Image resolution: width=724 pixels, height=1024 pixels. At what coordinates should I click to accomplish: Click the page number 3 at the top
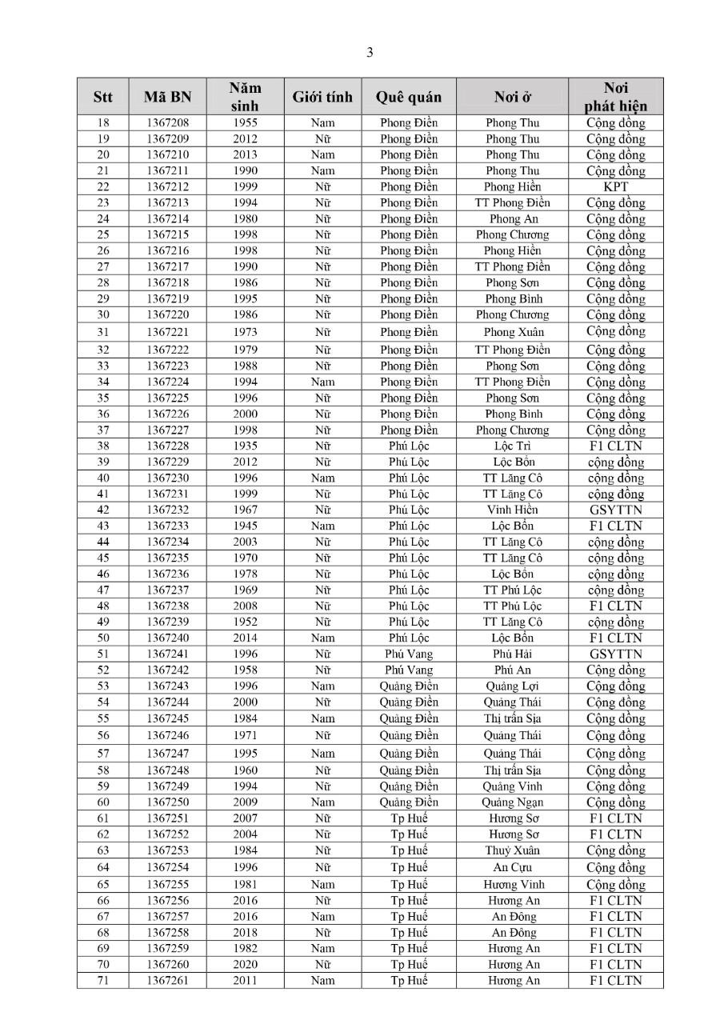(x=370, y=54)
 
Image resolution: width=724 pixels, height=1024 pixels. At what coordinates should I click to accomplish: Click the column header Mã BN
(x=168, y=98)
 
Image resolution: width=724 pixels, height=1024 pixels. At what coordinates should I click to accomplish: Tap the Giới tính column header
(x=322, y=98)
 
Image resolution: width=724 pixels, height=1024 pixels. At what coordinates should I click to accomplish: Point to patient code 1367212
(x=168, y=186)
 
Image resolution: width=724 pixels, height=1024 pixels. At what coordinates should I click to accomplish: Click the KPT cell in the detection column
(x=615, y=186)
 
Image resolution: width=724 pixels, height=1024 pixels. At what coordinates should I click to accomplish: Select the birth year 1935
(x=246, y=446)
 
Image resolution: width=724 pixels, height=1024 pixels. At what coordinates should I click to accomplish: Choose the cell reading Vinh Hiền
(x=512, y=510)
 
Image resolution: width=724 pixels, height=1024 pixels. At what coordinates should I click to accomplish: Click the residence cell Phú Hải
(x=512, y=654)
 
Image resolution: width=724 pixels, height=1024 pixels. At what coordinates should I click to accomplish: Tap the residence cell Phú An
(x=512, y=670)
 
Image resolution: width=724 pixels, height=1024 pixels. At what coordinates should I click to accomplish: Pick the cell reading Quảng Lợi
(x=512, y=686)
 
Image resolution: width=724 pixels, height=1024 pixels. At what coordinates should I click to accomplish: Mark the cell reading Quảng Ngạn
(x=512, y=802)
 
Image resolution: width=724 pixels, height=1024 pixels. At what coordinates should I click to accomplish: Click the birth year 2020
(x=246, y=965)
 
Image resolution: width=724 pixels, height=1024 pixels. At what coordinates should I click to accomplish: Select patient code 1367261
(x=168, y=981)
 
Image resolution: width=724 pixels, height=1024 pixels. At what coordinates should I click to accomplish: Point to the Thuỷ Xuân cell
(x=512, y=850)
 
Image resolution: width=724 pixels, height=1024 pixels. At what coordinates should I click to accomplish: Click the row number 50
(x=103, y=638)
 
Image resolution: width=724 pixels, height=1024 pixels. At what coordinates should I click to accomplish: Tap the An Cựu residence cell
(x=512, y=867)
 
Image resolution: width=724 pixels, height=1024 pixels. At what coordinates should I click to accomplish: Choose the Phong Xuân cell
(x=512, y=332)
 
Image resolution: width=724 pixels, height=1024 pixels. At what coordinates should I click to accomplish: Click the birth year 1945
(x=246, y=526)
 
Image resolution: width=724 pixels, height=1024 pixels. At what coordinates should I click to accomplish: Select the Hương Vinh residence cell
(x=512, y=885)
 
